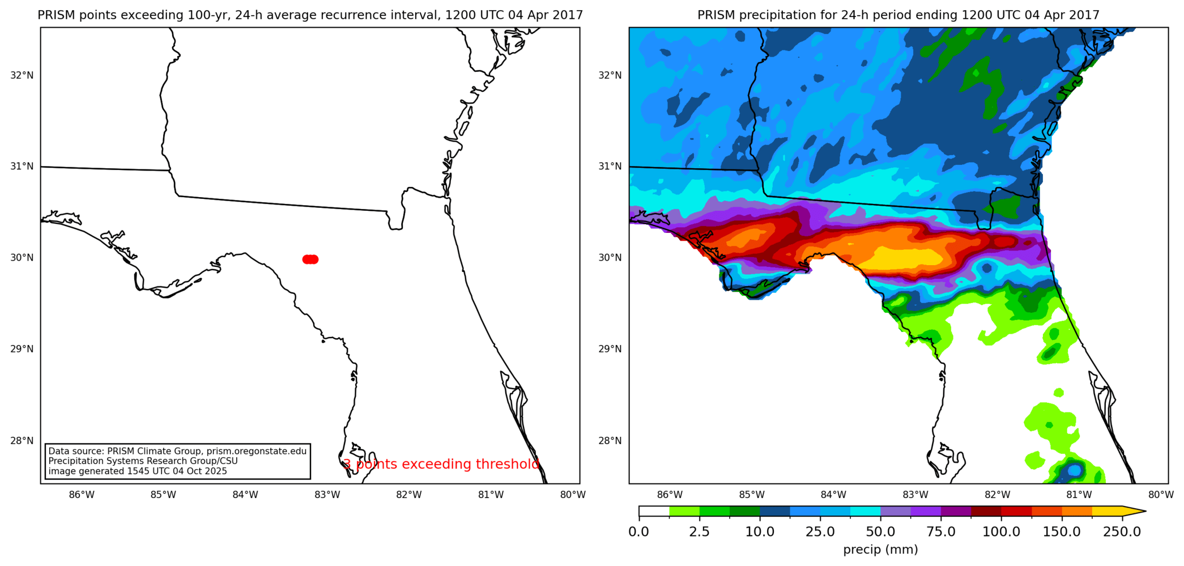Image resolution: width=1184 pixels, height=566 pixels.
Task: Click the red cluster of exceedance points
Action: point(310,259)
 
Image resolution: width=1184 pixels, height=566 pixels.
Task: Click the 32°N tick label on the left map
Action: point(22,75)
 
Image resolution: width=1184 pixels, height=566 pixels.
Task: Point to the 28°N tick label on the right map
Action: point(610,441)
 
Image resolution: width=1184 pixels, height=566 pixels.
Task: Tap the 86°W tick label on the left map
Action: point(82,495)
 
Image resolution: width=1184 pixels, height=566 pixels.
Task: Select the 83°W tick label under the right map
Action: point(915,495)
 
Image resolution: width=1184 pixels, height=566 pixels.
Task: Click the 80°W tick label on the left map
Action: point(573,495)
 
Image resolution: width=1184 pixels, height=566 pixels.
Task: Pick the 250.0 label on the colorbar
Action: point(1122,532)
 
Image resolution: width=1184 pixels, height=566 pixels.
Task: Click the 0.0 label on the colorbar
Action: point(638,532)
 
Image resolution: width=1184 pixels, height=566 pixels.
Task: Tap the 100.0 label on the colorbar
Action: point(1001,532)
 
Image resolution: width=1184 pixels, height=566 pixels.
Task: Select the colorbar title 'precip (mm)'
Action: point(880,550)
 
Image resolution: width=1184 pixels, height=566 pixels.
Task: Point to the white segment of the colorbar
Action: point(654,512)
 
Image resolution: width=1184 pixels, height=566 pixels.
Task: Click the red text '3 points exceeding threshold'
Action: point(441,465)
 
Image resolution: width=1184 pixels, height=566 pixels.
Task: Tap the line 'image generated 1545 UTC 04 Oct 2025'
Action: point(138,471)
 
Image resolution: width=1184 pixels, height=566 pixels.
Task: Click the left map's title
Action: point(310,15)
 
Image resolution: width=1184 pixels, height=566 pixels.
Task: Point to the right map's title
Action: point(898,15)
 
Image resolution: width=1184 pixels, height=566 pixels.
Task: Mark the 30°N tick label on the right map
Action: point(610,258)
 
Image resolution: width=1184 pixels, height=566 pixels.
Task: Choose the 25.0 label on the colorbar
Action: point(820,532)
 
